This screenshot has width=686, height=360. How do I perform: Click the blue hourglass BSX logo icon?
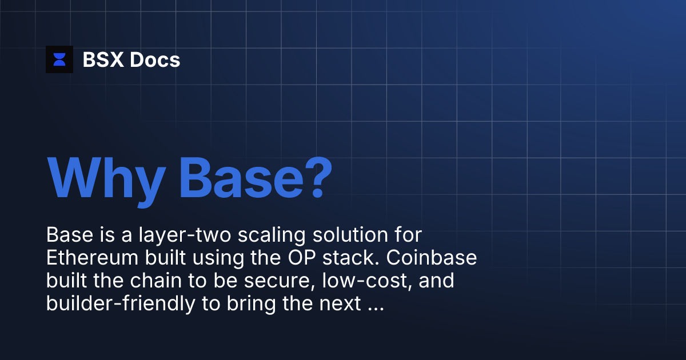click(x=59, y=59)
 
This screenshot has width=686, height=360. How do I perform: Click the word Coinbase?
click(x=432, y=258)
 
